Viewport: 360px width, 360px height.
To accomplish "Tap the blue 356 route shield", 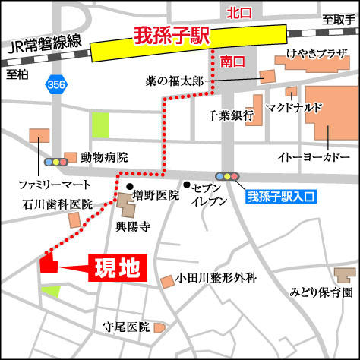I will (55, 82).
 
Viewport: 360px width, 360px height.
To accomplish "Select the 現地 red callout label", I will (116, 268).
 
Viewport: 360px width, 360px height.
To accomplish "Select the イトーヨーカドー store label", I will (309, 160).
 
